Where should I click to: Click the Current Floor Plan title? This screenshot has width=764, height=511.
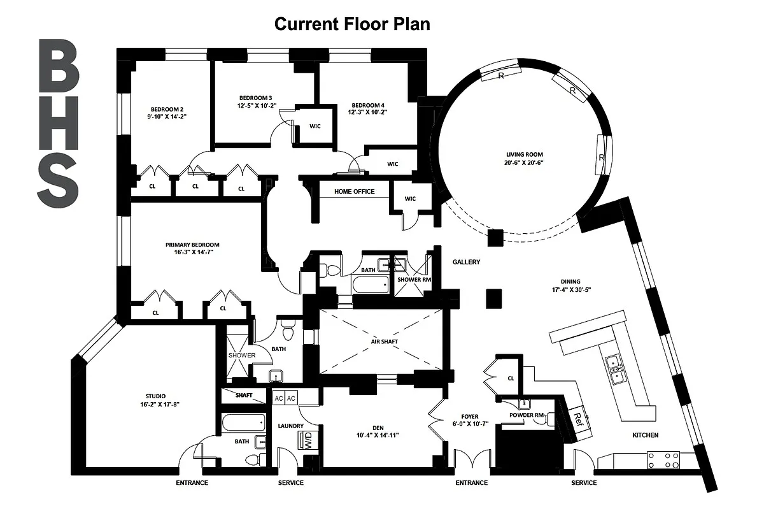[x=352, y=24]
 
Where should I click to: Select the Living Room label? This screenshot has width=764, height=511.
[x=524, y=155]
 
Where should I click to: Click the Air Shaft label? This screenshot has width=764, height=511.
[x=385, y=342]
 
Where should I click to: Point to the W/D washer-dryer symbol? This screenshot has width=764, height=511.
[x=308, y=440]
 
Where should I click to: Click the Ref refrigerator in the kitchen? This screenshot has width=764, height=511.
[x=577, y=420]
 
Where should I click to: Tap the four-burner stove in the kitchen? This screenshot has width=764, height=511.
[x=663, y=460]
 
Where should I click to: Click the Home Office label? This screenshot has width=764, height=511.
[x=355, y=192]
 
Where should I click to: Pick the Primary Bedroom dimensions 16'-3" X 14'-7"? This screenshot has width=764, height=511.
[x=194, y=252]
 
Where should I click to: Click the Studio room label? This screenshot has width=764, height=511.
[x=155, y=396]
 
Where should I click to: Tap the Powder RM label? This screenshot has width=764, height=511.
[x=527, y=415]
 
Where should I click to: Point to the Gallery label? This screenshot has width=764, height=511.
[x=466, y=262]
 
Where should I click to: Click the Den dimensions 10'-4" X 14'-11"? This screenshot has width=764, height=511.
[x=378, y=435]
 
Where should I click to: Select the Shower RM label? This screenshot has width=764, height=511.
[x=414, y=280]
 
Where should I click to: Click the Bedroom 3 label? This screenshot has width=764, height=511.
[x=255, y=98]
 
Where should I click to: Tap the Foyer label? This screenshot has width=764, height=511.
[x=470, y=417]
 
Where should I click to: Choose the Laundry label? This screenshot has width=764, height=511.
[x=290, y=426]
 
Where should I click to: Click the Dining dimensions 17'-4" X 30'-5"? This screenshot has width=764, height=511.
[x=571, y=290]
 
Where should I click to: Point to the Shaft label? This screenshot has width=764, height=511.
[x=244, y=395]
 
